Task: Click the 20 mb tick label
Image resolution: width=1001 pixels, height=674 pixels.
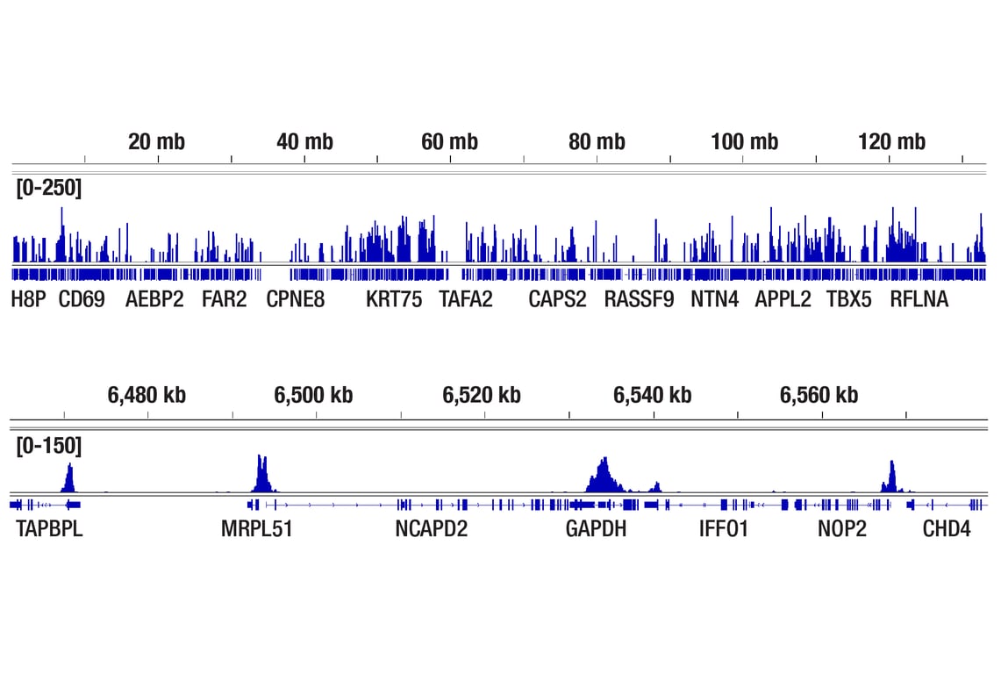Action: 156,141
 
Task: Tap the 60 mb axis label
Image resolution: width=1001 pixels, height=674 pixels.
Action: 449,141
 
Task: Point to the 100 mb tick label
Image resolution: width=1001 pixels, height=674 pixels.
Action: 744,141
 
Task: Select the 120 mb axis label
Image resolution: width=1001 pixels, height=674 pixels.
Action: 891,141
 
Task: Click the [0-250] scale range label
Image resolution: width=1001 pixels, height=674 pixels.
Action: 48,188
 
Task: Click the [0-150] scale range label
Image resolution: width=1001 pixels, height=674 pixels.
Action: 48,446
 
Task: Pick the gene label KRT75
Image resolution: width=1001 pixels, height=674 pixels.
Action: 394,299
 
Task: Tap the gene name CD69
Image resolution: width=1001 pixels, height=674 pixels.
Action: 82,299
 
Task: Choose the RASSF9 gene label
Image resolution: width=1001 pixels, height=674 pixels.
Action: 639,299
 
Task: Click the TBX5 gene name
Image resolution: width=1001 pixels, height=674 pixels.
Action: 849,299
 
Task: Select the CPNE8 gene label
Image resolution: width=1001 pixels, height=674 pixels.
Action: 296,299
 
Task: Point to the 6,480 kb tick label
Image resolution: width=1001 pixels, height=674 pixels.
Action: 147,396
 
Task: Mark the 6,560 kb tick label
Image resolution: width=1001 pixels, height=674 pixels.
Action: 819,396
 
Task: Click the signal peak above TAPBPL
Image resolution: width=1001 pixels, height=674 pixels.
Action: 69,478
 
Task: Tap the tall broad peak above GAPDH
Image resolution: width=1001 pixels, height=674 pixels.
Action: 603,476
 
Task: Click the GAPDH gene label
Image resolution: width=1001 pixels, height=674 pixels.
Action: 597,529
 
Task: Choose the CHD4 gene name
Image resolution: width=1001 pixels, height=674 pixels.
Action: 947,529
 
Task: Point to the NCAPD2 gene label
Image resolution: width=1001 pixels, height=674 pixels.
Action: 432,529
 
